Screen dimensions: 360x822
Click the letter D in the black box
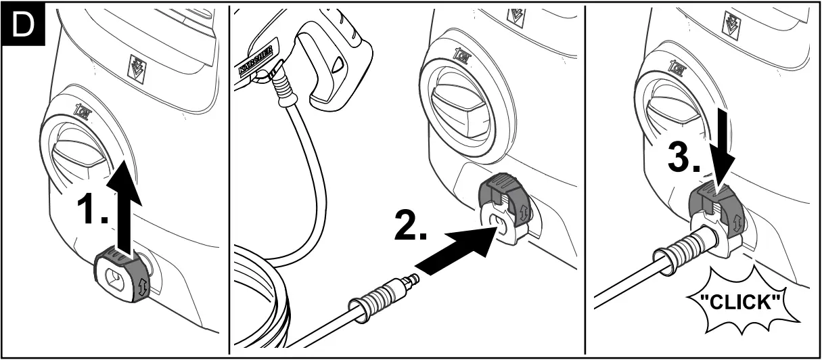click(24, 25)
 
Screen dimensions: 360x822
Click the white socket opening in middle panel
click(499, 223)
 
